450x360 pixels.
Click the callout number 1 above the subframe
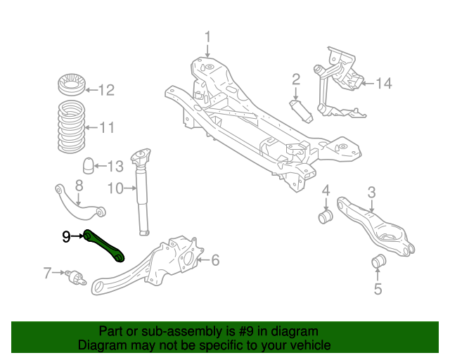pos(207,37)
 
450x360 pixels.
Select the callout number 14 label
pos(382,84)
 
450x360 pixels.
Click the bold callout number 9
pos(66,237)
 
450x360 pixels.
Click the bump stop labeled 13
pos(89,167)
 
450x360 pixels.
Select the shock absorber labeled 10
pos(143,190)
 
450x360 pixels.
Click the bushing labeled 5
pos(378,263)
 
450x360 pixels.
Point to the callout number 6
pos(215,261)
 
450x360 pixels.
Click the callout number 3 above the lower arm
pos(371,191)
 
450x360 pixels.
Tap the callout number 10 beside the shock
pos(115,188)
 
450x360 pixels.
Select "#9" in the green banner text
pos(243,331)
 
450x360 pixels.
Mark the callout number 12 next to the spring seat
pos(105,89)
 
